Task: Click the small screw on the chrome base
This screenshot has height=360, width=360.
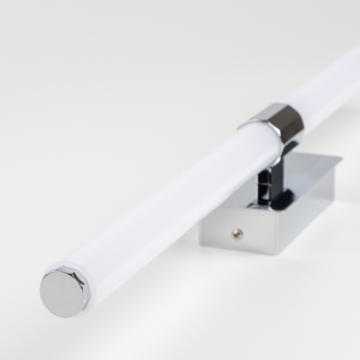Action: tap(238, 234)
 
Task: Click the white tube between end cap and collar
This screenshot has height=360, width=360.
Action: tap(166, 207)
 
